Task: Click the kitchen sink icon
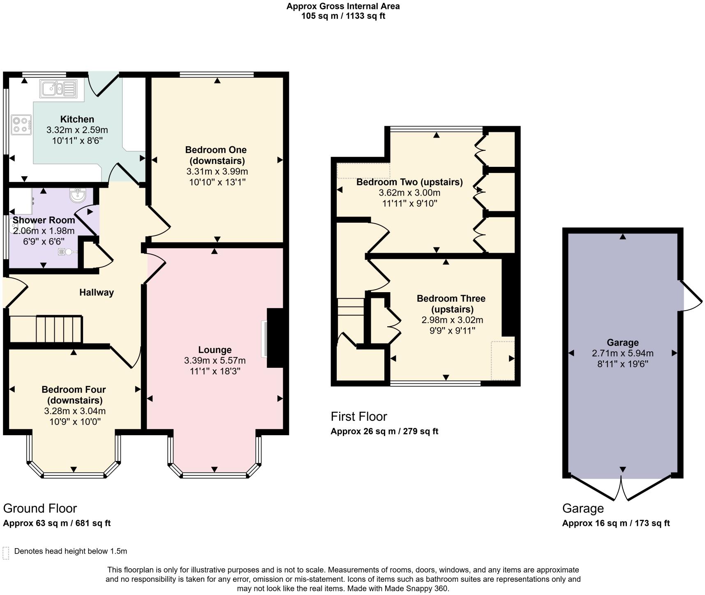pyautogui.click(x=58, y=88)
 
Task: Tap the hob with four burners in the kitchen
pyautogui.click(x=21, y=125)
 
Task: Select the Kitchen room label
pyautogui.click(x=77, y=119)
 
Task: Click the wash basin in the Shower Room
pyautogui.click(x=77, y=195)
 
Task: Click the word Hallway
pyautogui.click(x=96, y=292)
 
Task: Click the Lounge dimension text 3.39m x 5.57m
pyautogui.click(x=215, y=360)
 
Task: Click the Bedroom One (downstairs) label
pyautogui.click(x=216, y=155)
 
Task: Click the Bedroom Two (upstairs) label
pyautogui.click(x=409, y=182)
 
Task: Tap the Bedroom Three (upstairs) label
pyautogui.click(x=451, y=304)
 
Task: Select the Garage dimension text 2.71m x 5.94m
pyautogui.click(x=622, y=353)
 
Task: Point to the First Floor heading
pyautogui.click(x=359, y=416)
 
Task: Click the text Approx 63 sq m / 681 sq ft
pyautogui.click(x=57, y=523)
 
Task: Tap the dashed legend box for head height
pyautogui.click(x=6, y=553)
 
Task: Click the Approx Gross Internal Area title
pyautogui.click(x=343, y=6)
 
